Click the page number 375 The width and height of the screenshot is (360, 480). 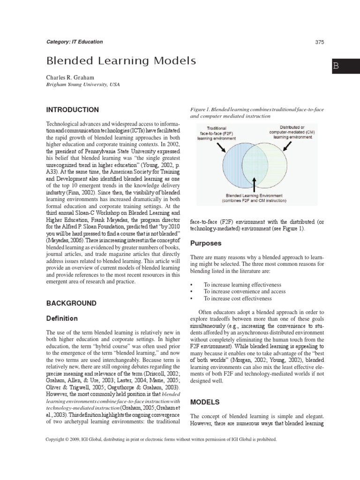pyautogui.click(x=320, y=42)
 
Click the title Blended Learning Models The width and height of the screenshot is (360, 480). pyautogui.click(x=120, y=61)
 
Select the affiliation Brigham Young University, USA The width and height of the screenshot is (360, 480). pyautogui.click(x=82, y=85)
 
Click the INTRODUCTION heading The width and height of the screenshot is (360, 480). pyautogui.click(x=72, y=110)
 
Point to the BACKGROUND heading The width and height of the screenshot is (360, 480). pyautogui.click(x=71, y=303)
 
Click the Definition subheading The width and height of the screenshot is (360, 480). pyautogui.click(x=61, y=318)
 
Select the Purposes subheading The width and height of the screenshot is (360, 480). pyautogui.click(x=205, y=243)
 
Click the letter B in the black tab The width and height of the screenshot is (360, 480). pyautogui.click(x=336, y=66)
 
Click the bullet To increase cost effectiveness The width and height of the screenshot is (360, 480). pyautogui.click(x=237, y=298)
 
